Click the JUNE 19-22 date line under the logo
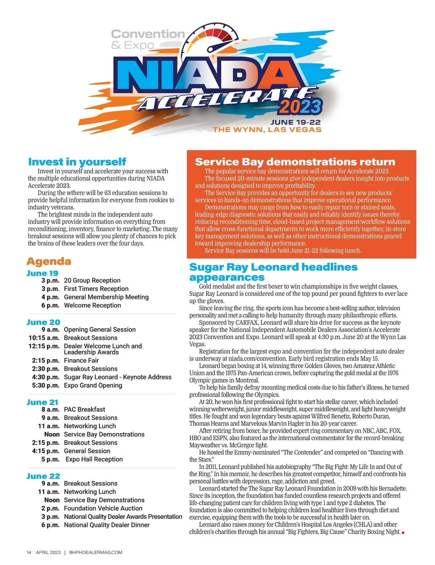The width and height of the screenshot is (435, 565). pos(295,123)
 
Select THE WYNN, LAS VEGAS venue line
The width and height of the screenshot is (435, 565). pos(267,130)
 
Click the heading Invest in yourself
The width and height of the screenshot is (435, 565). pos(77,162)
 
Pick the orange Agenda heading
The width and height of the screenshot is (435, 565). pos(49,261)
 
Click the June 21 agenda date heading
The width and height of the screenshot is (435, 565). pos(42,402)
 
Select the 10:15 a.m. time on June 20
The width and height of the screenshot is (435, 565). pos(44,338)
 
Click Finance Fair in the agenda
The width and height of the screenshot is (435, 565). pos(81,360)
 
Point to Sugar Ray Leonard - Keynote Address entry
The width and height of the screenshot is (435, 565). pos(117,377)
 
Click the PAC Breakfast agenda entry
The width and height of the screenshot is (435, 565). pos(84,409)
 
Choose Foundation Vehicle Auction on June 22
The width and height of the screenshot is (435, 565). pos(103,508)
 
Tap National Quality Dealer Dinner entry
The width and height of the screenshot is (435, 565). pos(107,525)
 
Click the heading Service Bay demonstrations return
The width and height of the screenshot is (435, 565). pos(295,162)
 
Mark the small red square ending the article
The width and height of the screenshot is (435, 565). pos(403,532)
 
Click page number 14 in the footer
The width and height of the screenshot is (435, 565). pos(29,553)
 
